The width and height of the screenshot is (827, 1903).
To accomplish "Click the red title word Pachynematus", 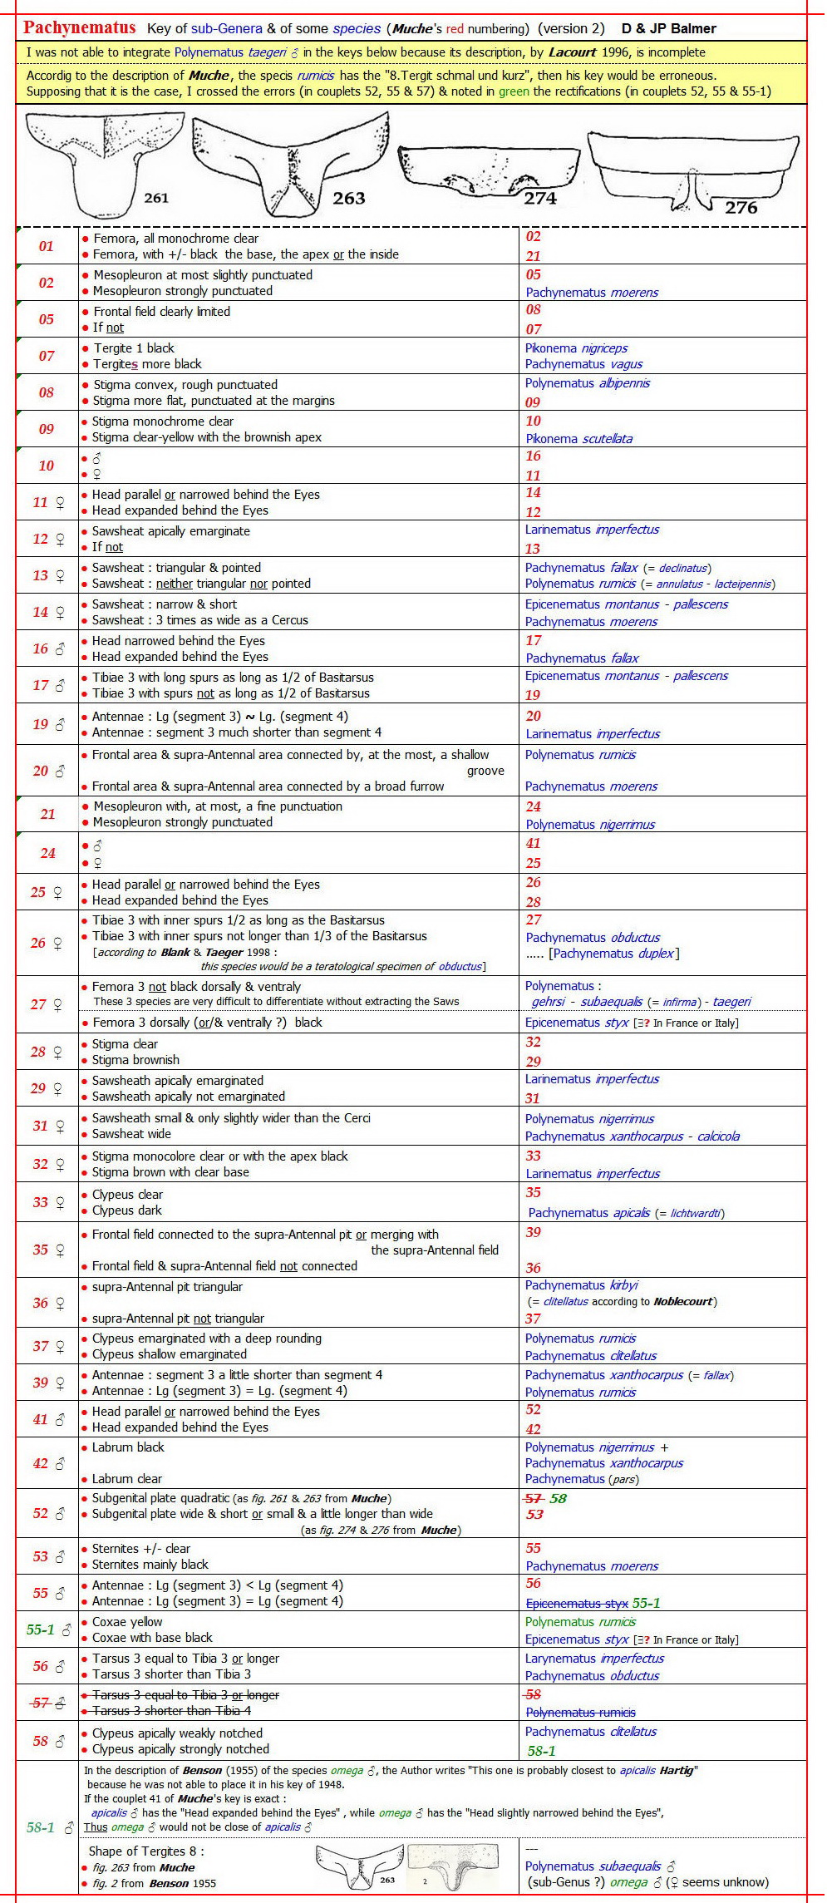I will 79,27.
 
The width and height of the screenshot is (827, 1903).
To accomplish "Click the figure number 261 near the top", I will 155,198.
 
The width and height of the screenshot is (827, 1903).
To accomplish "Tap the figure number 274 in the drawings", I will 540,198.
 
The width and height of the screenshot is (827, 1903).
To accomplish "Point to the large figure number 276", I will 741,207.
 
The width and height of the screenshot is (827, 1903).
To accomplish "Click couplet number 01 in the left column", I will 47,246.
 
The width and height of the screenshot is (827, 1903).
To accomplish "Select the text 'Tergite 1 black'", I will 133,348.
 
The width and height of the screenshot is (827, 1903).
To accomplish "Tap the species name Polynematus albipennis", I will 587,383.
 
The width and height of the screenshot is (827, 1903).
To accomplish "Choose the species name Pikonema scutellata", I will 578,439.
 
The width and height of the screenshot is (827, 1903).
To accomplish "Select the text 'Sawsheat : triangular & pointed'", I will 176,568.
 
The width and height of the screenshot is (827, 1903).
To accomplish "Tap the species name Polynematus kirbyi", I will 581,1285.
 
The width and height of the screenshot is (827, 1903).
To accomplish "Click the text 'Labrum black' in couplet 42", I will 128,1447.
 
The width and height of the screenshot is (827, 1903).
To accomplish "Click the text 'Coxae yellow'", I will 127,1622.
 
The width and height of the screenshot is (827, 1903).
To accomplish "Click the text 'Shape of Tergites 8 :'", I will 146,1851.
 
